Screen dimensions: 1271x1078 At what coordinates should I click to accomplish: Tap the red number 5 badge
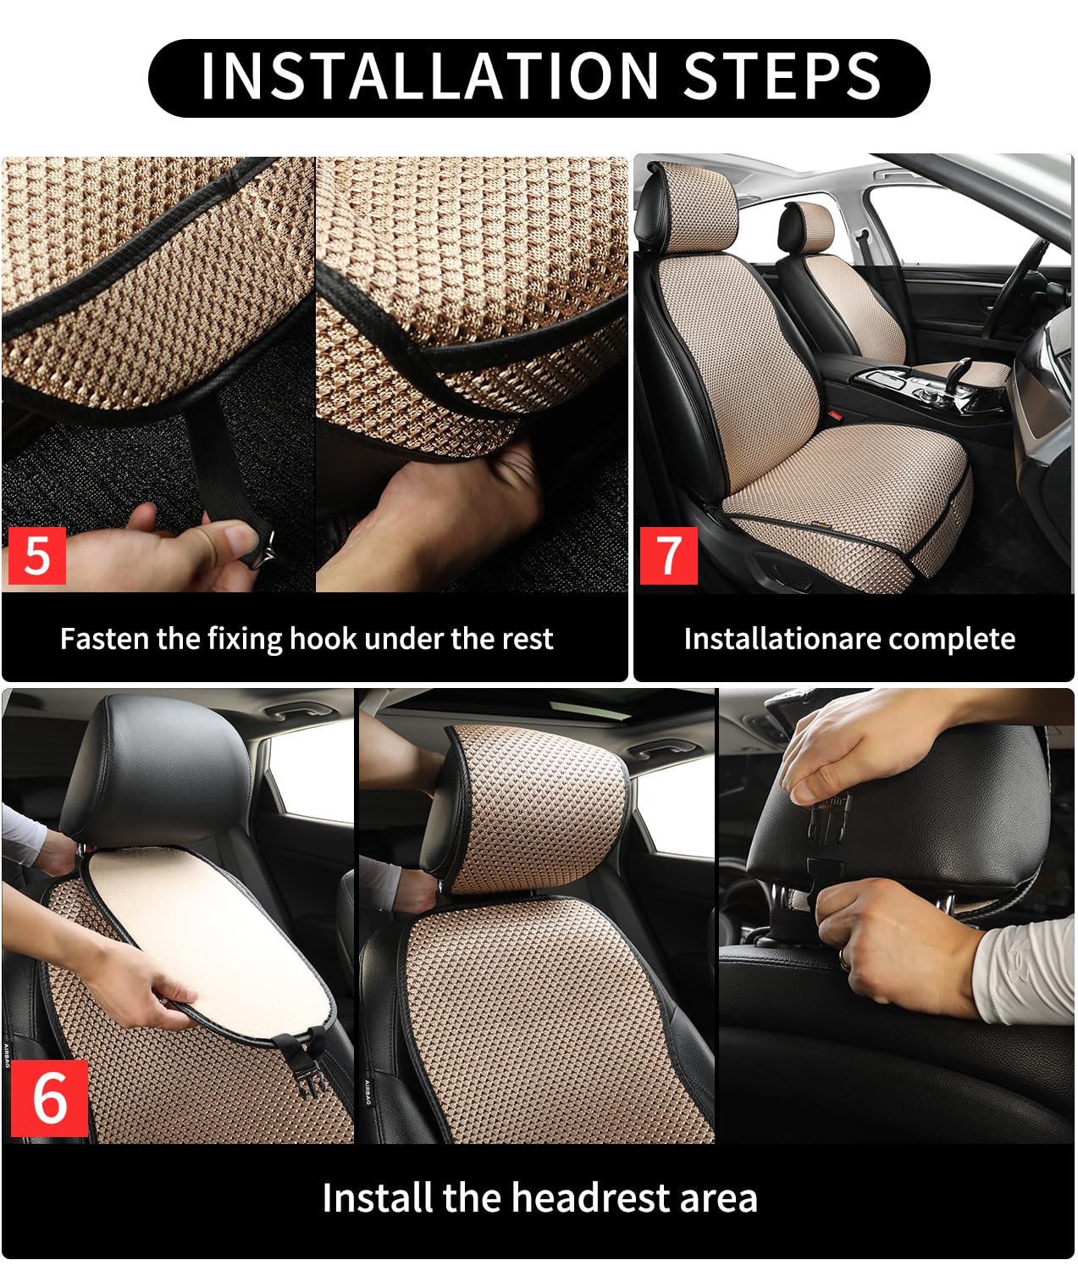(x=36, y=555)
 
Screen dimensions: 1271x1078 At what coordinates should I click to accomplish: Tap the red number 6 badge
(x=49, y=1097)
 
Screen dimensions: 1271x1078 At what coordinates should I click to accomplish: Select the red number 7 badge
(x=668, y=555)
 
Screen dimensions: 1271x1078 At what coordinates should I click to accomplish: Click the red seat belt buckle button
(x=834, y=416)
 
